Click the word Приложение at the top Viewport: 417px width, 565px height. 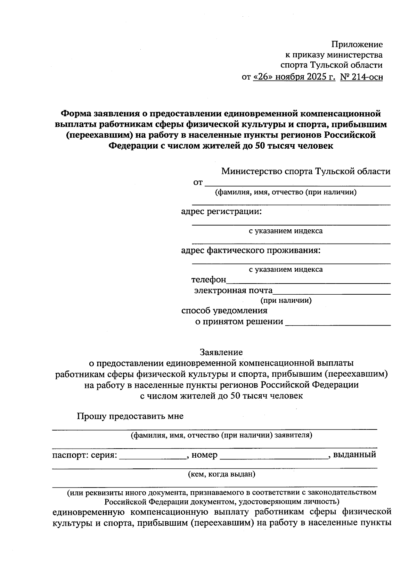[357, 44]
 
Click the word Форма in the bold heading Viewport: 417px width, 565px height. [76, 113]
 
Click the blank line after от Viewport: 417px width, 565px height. [297, 184]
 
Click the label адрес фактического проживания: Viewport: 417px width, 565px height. [250, 250]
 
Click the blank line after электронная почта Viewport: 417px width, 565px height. [332, 292]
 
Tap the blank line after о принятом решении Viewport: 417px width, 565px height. [338, 323]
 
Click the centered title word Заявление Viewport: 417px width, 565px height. [221, 352]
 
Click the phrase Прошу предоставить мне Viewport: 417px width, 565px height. [130, 416]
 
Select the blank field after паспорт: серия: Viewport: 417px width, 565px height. [153, 457]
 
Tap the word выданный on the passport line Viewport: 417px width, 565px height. [354, 455]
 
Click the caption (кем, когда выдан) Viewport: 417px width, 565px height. [221, 474]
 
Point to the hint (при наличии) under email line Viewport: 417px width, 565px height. [286, 300]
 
